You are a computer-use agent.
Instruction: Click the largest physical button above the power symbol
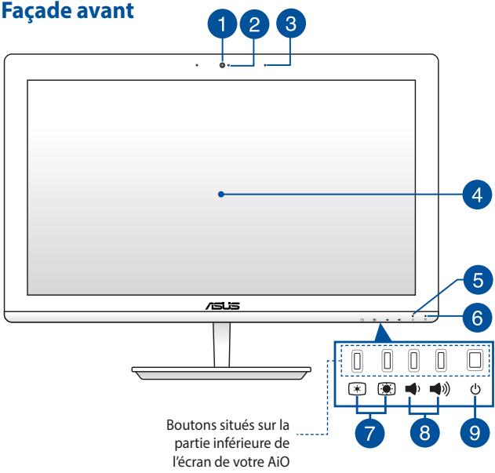tap(474, 360)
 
